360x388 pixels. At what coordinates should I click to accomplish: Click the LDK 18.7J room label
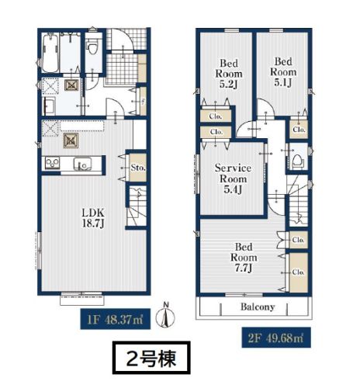93,218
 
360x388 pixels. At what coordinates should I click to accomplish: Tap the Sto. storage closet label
138,168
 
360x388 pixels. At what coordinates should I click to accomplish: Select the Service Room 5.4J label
233,178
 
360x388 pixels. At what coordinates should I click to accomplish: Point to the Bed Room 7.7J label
244,258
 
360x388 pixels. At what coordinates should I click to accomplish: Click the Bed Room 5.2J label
229,74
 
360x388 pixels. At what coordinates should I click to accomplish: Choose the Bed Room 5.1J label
283,72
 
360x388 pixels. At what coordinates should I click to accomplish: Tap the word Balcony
258,307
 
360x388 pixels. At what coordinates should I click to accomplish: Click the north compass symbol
165,316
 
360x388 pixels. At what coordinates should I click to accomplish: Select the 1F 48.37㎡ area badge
116,319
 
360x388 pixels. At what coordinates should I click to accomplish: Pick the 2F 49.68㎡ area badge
276,338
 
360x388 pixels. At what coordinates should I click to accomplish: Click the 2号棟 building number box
151,358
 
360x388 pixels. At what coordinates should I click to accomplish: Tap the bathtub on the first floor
50,53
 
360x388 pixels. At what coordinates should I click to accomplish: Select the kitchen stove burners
53,163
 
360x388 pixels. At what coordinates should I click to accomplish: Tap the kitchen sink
82,164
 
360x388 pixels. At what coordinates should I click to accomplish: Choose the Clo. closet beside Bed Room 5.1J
299,129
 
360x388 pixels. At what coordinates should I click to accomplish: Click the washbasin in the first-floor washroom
50,106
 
